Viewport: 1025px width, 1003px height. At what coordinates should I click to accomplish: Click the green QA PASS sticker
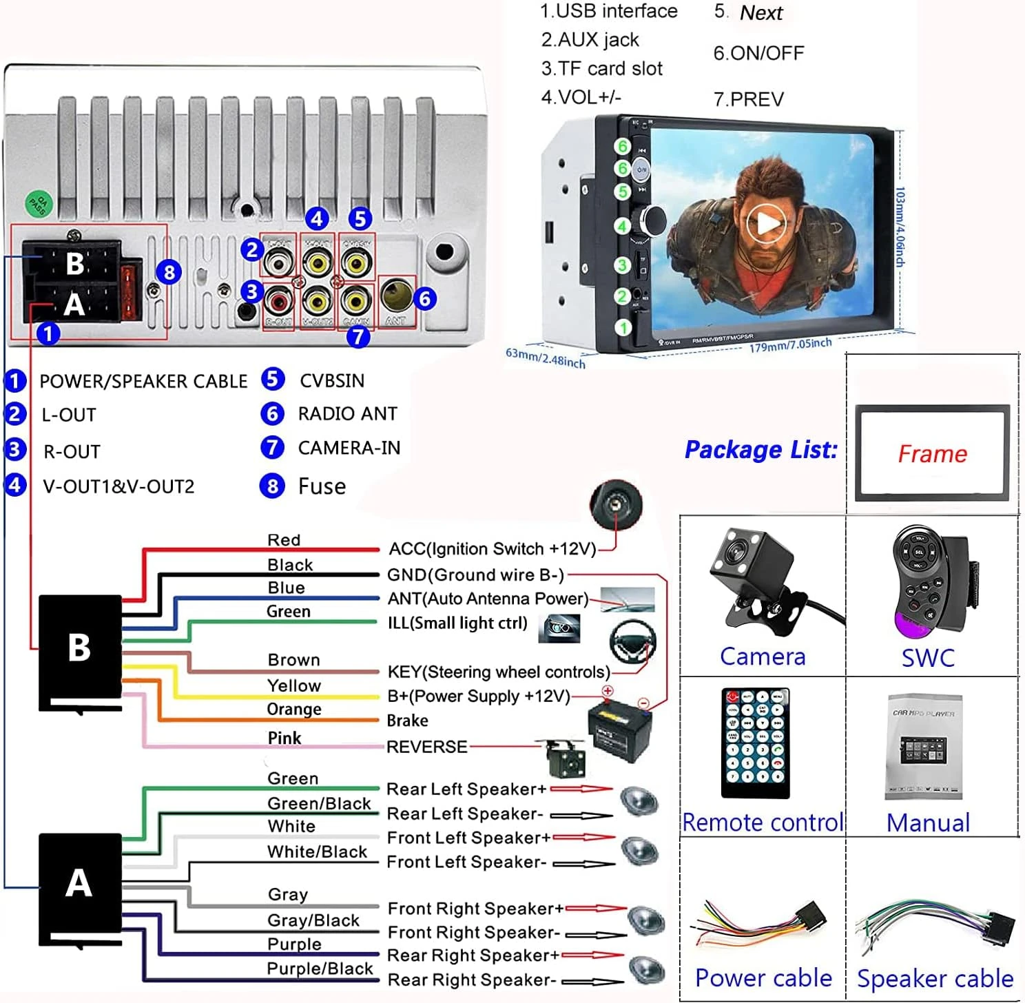39,204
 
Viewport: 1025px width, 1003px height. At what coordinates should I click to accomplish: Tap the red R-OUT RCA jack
280,301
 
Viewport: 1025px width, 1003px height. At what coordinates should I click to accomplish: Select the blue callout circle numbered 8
169,272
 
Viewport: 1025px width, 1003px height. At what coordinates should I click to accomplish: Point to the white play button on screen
766,223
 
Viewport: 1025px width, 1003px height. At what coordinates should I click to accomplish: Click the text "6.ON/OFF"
758,53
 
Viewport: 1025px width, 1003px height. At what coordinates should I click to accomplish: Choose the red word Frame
932,454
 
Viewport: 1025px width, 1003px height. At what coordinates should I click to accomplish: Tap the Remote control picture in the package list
756,743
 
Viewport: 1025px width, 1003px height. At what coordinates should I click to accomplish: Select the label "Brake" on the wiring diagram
407,721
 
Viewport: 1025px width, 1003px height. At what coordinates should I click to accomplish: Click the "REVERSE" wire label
426,747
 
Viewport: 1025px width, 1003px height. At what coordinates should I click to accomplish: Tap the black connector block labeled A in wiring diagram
80,883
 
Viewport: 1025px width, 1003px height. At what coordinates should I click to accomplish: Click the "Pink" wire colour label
284,738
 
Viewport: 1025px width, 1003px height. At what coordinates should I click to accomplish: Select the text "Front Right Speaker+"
475,909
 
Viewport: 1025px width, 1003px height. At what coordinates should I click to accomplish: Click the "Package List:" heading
760,450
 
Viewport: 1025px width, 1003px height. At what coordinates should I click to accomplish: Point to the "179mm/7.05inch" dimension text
790,344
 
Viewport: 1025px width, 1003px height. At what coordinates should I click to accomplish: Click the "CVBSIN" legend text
332,380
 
